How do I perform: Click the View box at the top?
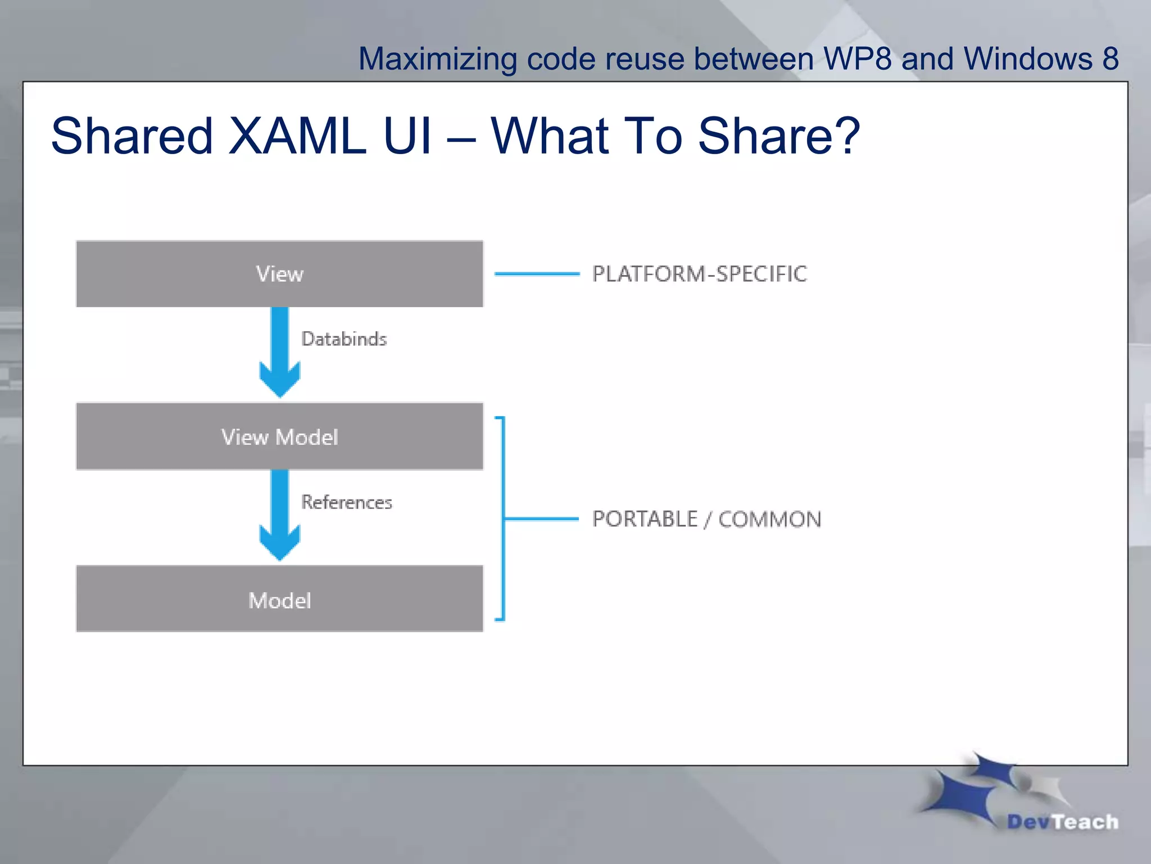point(279,274)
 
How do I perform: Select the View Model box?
point(279,436)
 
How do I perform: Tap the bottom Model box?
point(279,600)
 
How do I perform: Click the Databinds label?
point(344,339)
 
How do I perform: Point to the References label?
point(347,502)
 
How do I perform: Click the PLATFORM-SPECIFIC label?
point(699,274)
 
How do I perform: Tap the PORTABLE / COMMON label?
point(706,519)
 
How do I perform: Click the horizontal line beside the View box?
point(537,274)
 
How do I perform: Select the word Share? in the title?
point(779,136)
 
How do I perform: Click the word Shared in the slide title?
point(132,136)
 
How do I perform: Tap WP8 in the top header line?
point(857,58)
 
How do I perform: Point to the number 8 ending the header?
point(1110,58)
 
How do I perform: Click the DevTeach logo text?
point(1062,822)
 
